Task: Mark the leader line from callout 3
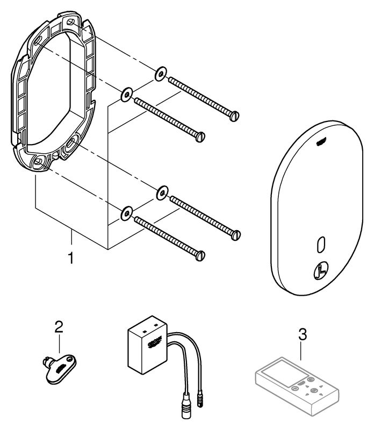coord(302,352)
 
